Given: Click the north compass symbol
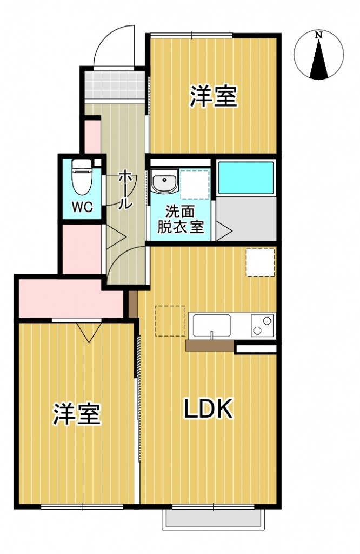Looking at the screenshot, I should tap(319, 57).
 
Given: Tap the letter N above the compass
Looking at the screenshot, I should tap(319, 35).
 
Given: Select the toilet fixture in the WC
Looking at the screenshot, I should tap(82, 177).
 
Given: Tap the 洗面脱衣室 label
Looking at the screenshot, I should tap(181, 219).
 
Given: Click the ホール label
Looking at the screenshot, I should tap(124, 189).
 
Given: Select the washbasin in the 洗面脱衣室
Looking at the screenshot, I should tap(163, 182).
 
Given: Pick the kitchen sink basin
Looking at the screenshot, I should tap(212, 326).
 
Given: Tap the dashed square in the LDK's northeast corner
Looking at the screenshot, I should tap(261, 262).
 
